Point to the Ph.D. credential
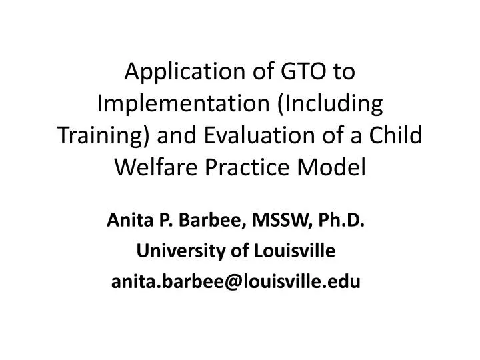(x=343, y=220)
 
